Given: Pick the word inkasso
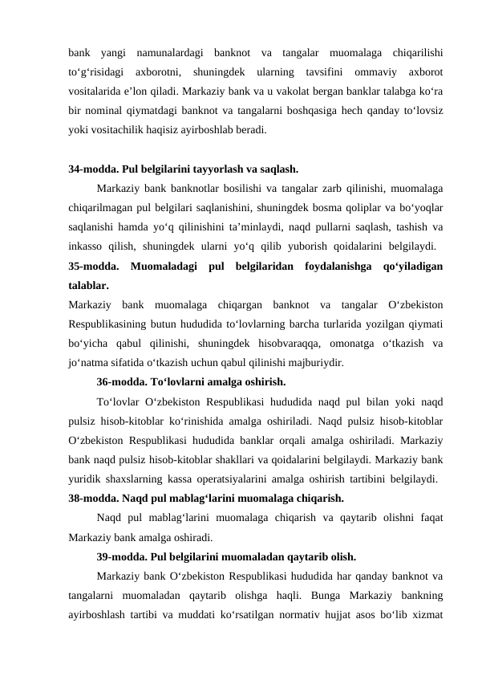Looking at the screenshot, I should [90, 246].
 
